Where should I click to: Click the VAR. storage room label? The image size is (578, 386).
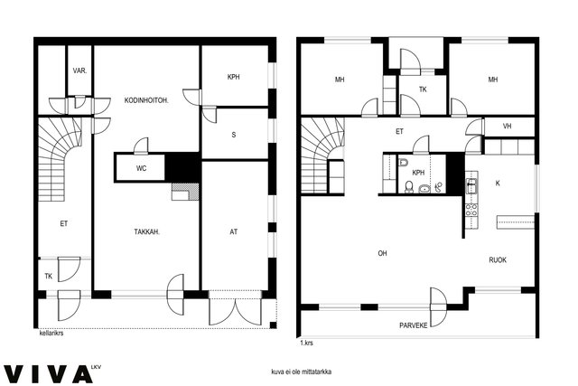[x=79, y=71]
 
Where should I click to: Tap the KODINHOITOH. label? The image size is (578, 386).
[x=146, y=100]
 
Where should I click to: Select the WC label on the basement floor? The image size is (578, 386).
[x=141, y=168]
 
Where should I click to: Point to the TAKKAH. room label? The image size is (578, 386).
[x=146, y=231]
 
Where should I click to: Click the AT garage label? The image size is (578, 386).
[x=234, y=231]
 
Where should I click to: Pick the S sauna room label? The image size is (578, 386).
[x=234, y=135]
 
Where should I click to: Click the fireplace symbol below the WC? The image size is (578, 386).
[x=185, y=192]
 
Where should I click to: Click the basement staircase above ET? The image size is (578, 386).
[x=61, y=159]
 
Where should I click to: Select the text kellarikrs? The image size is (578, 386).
[x=51, y=333]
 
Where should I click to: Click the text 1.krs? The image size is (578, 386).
[x=306, y=343]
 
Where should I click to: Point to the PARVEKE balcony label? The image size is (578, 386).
[x=414, y=325]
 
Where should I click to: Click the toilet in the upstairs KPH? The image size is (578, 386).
[x=409, y=187]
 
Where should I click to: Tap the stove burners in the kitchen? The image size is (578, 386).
[x=471, y=210]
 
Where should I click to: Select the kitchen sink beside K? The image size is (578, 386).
[x=471, y=185]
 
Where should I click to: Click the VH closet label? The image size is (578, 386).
[x=508, y=127]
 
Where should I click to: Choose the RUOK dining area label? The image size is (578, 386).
[x=498, y=259]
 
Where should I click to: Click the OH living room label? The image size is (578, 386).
[x=382, y=253]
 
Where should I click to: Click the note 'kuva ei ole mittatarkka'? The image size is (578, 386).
[x=301, y=372]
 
